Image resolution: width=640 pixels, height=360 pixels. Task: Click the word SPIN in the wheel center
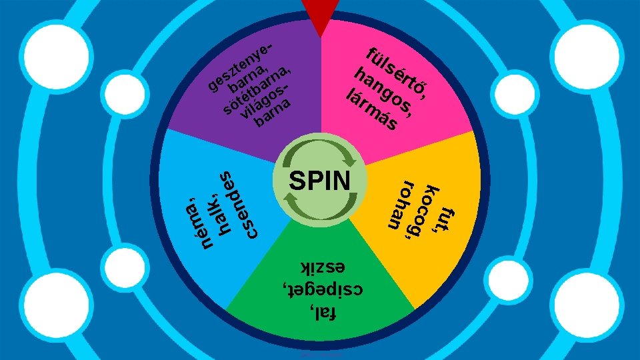320,181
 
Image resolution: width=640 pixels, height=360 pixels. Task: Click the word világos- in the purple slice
265,103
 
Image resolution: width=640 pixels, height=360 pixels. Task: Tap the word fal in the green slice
324,311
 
